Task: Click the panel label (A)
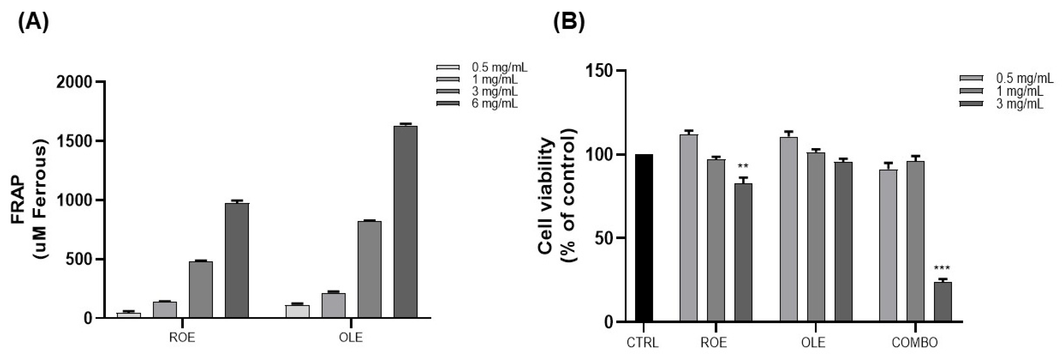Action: (x=33, y=22)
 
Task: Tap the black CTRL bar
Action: (x=644, y=238)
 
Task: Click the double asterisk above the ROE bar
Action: (x=743, y=167)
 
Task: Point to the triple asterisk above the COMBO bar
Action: (x=942, y=268)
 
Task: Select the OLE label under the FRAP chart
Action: (x=350, y=338)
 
